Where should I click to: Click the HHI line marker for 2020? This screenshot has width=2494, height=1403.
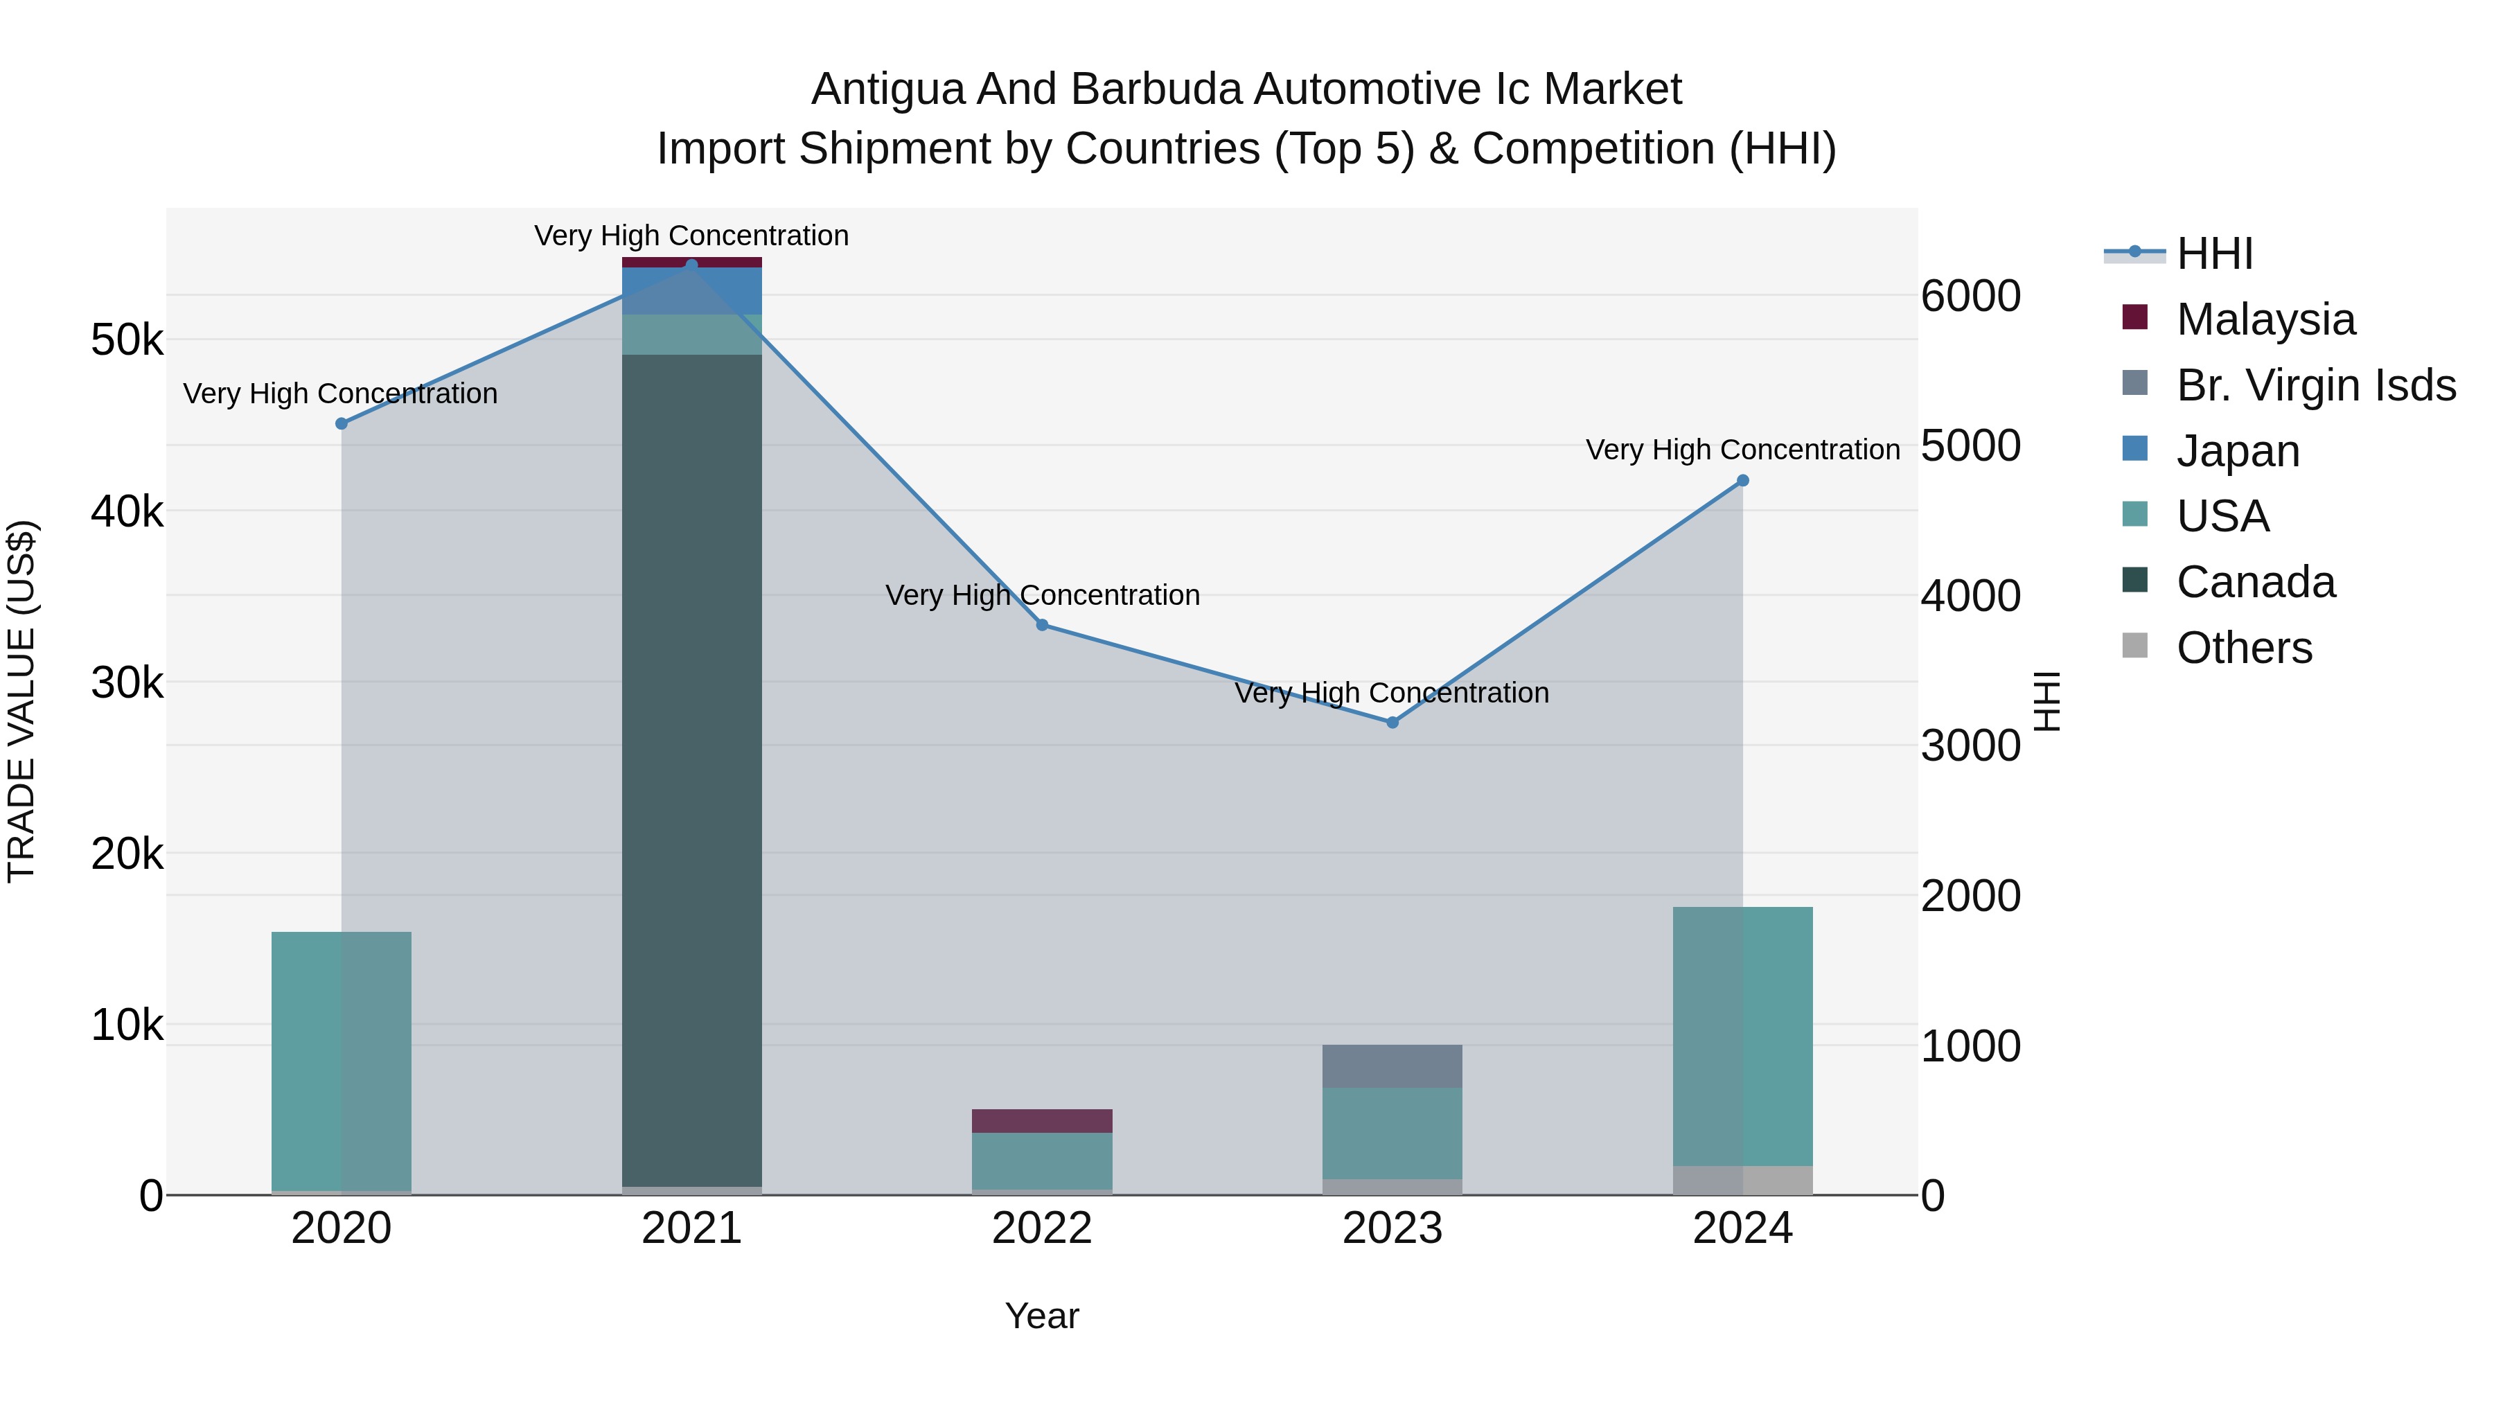pyautogui.click(x=341, y=424)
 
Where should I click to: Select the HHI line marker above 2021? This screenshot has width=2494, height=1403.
pyautogui.click(x=691, y=265)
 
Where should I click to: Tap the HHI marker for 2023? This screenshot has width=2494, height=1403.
pyautogui.click(x=1392, y=723)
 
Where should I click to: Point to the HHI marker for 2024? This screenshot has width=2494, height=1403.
pyautogui.click(x=1743, y=480)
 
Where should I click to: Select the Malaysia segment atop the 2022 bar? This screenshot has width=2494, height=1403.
pyautogui.click(x=1042, y=1121)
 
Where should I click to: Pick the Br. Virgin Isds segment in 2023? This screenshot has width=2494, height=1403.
pyautogui.click(x=1392, y=1066)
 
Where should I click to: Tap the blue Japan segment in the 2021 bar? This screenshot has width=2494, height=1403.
pyautogui.click(x=691, y=290)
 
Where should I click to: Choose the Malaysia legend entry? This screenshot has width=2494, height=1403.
pyautogui.click(x=2265, y=319)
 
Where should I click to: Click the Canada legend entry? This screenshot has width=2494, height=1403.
pyautogui.click(x=2256, y=582)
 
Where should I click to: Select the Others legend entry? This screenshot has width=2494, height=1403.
pyautogui.click(x=2244, y=648)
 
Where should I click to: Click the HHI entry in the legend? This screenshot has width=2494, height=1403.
pyautogui.click(x=2216, y=254)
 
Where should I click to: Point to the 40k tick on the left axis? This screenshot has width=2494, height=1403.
pyautogui.click(x=127, y=511)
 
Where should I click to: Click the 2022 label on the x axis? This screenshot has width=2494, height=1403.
pyautogui.click(x=1042, y=1228)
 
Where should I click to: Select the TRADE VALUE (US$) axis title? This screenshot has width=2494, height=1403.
pyautogui.click(x=21, y=701)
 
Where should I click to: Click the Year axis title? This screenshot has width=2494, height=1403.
pyautogui.click(x=1042, y=1316)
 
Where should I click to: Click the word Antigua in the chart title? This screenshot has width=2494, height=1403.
pyautogui.click(x=887, y=89)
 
